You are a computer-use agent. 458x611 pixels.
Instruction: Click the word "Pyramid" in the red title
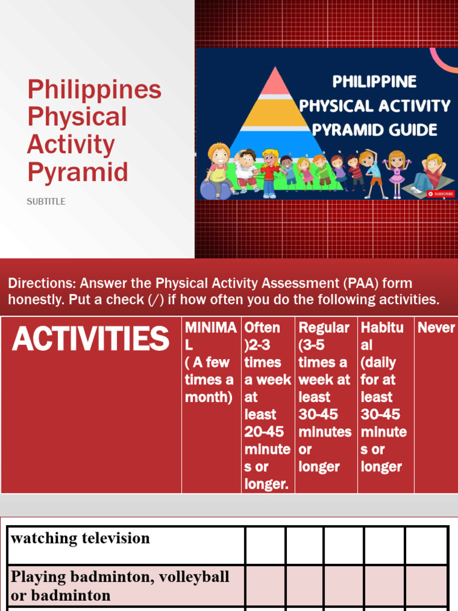click(x=78, y=172)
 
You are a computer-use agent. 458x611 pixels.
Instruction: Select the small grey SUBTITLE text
click(x=46, y=202)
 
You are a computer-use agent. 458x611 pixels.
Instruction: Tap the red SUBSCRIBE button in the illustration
click(x=441, y=194)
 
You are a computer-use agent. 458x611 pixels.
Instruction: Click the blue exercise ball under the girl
click(x=213, y=189)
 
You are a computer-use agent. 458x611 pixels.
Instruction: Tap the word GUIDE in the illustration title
click(x=411, y=129)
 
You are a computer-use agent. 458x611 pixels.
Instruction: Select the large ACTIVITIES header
click(x=91, y=339)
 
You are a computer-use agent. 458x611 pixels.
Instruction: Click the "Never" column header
click(x=436, y=328)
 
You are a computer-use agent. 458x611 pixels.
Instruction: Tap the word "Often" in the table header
click(x=262, y=328)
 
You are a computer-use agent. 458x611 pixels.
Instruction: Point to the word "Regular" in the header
click(x=324, y=328)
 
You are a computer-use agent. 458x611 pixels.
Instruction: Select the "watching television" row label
click(x=81, y=538)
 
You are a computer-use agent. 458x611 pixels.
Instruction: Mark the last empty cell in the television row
click(x=427, y=545)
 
